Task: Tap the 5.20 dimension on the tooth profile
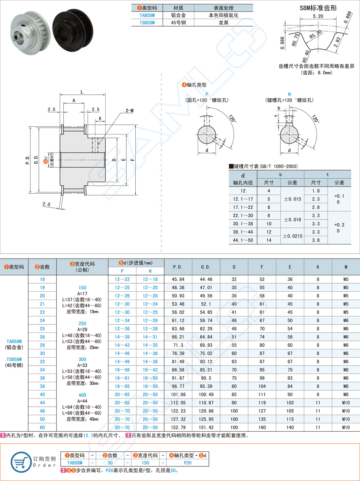tap(317, 16)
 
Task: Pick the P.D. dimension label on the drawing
tap(28, 159)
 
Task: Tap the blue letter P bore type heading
tap(207, 94)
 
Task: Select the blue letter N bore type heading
tap(289, 94)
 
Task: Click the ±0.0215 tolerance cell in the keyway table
tap(292, 236)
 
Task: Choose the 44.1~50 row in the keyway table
tap(243, 240)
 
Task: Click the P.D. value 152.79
tap(178, 427)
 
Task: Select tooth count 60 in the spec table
tap(42, 427)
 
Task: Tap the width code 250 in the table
tap(82, 323)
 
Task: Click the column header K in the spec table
tap(318, 267)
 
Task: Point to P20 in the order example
tap(188, 462)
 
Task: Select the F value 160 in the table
tap(262, 427)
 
